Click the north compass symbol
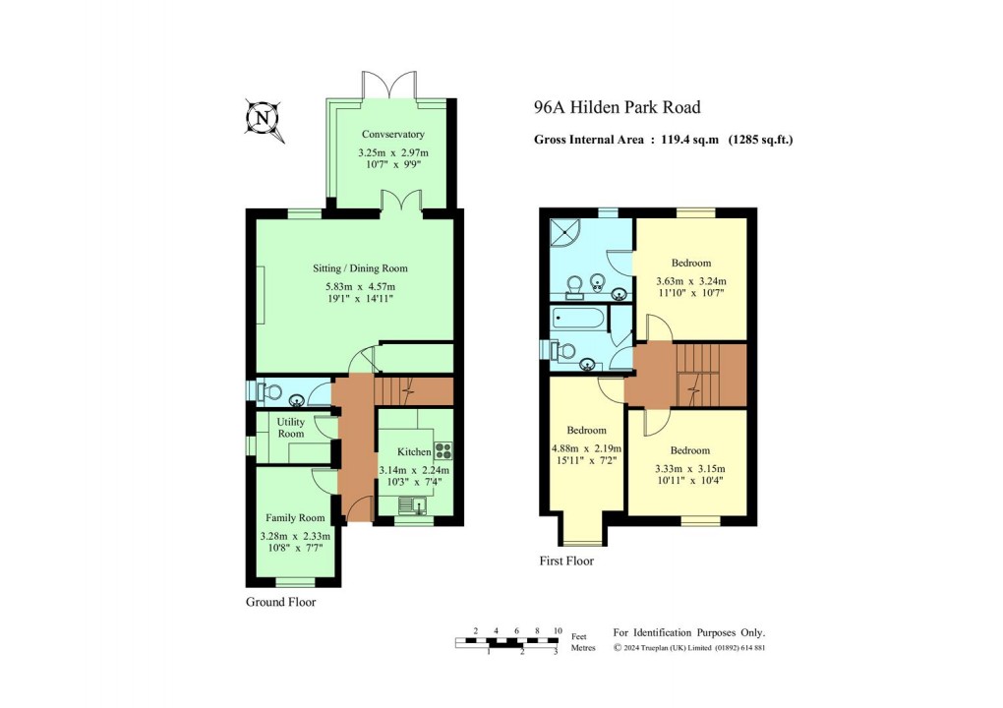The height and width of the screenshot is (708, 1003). [x=262, y=119]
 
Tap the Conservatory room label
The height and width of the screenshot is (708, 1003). [x=392, y=134]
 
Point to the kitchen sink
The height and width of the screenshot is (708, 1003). [x=413, y=506]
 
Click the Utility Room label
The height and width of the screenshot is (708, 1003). [x=290, y=427]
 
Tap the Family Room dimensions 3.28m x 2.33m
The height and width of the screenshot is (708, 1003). [x=296, y=536]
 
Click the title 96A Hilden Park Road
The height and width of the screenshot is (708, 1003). [x=617, y=108]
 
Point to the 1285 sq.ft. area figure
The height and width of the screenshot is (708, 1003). [x=759, y=140]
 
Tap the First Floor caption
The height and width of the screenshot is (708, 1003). [x=566, y=561]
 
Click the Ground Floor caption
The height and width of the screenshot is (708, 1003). [x=280, y=602]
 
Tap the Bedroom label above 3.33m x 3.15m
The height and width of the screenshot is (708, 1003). [x=690, y=451]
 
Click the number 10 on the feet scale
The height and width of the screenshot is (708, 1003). [x=558, y=630]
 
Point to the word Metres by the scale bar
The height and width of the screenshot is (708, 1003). [x=583, y=648]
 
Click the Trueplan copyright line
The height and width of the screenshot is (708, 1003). [x=689, y=648]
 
